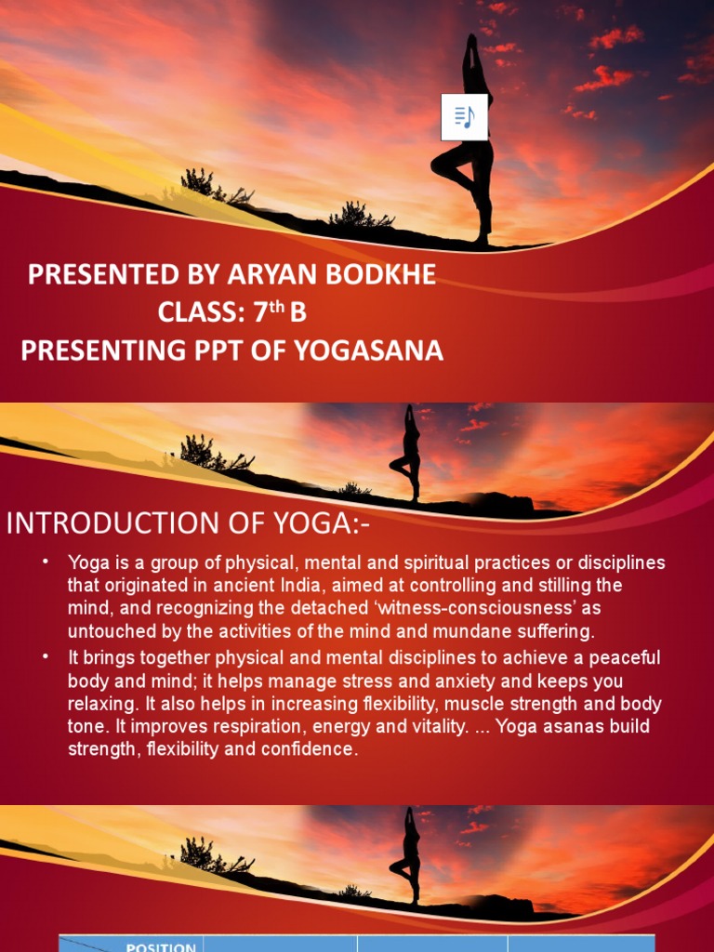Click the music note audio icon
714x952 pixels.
[x=464, y=117]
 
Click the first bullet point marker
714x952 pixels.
[x=45, y=562]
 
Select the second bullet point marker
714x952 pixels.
[x=45, y=657]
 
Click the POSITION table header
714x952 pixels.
[x=161, y=946]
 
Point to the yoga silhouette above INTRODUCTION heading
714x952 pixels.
[x=407, y=453]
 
